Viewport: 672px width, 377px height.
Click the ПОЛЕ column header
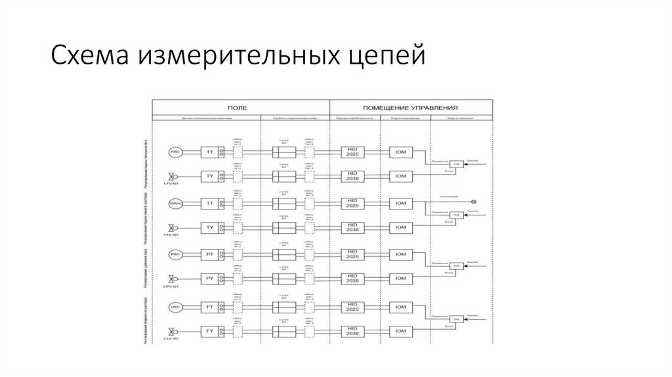click(241, 106)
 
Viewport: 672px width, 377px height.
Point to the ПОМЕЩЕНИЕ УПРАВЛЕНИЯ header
click(409, 106)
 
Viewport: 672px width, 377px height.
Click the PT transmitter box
click(210, 254)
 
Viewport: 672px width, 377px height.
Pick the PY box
click(210, 280)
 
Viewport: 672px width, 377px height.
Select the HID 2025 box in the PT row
click(352, 254)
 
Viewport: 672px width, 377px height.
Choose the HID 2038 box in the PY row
click(352, 280)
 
